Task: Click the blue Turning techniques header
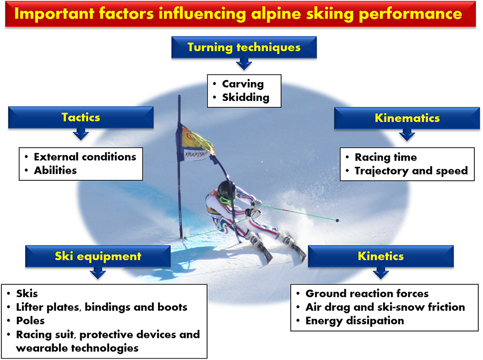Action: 244,47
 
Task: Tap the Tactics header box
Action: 80,117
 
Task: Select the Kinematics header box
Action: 407,118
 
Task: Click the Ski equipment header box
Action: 98,256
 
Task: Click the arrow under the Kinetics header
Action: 381,274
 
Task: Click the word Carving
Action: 242,84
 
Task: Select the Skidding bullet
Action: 245,97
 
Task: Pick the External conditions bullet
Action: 85,157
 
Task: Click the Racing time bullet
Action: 385,157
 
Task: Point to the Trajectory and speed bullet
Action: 411,171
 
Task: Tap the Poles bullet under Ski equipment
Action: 30,321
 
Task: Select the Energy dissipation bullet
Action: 355,320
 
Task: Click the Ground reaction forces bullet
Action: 367,293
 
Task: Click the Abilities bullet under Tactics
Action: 55,170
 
